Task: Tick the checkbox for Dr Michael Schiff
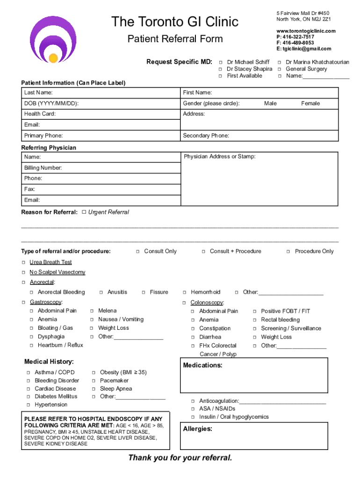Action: (220, 62)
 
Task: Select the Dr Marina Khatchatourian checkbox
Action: (280, 62)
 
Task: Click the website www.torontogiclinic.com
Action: (306, 31)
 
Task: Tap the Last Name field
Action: (101, 93)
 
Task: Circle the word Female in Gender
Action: (310, 103)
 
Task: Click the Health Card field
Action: (101, 114)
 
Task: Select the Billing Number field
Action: (101, 168)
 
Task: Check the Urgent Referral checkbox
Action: (84, 212)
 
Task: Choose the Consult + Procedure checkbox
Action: (203, 252)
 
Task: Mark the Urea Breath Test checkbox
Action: (24, 262)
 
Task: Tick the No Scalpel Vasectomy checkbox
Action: (24, 272)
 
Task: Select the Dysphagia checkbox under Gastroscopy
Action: (32, 337)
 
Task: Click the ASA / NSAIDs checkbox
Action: (193, 409)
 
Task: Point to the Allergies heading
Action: (197, 429)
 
